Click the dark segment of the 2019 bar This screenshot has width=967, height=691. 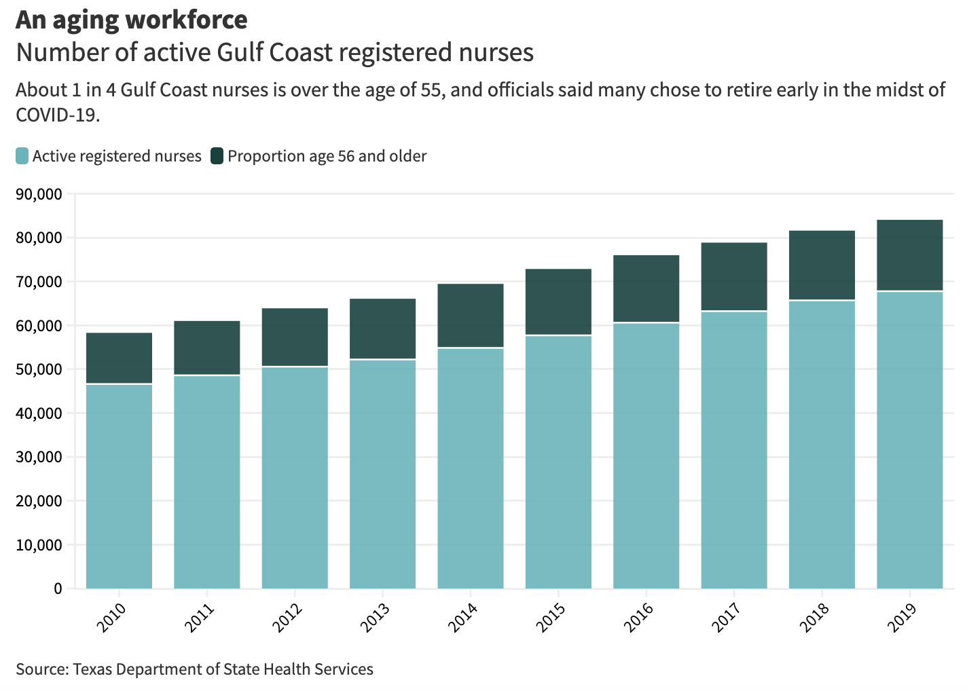pos(909,255)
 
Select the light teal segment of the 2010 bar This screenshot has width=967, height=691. pos(119,486)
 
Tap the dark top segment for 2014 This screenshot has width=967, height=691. pos(471,315)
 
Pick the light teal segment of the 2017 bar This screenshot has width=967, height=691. pos(734,449)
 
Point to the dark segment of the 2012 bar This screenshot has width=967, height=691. pos(295,337)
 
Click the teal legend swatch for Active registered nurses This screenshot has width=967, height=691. pos(22,156)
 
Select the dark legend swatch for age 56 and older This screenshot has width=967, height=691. pos(217,156)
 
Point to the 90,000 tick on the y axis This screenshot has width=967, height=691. pos(38,195)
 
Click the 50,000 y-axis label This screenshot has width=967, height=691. pos(38,370)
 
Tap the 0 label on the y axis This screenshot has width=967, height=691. pos(58,589)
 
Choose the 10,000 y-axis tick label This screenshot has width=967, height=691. pos(38,545)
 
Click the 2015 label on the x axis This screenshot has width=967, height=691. pos(550,616)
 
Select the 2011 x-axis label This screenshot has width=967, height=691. pos(199,616)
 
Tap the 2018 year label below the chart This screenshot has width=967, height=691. pos(814,616)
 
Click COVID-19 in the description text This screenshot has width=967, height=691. pos(57,115)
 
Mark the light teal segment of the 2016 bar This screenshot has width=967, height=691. pos(646,455)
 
